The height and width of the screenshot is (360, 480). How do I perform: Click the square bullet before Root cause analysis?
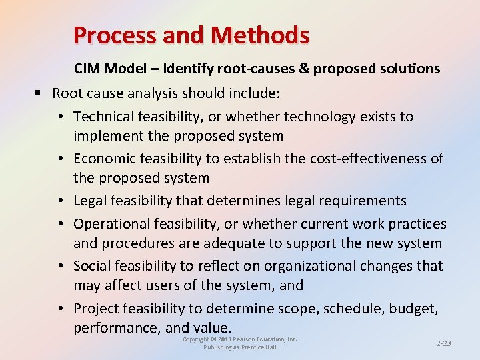pos(41,93)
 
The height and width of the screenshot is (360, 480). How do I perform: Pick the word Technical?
pos(103,117)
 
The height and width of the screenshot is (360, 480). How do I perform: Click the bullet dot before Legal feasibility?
pos(60,201)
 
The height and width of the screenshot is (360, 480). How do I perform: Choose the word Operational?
pos(109,224)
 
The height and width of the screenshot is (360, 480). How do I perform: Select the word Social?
pos(91,266)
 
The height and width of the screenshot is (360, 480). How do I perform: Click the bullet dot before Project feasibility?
pos(60,309)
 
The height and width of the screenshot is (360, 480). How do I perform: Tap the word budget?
pos(416,309)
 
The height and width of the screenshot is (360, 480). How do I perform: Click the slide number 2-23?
pos(443,343)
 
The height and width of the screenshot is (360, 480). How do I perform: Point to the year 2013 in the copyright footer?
pos(229,339)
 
